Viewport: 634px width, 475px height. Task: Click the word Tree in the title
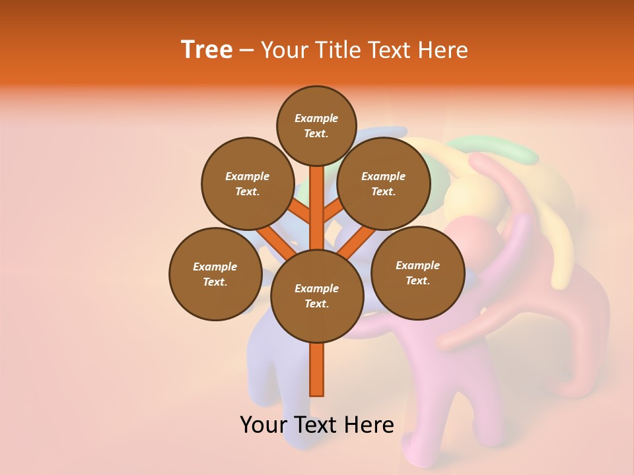(207, 49)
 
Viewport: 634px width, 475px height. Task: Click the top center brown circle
(316, 125)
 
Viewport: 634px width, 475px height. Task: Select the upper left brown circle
(247, 183)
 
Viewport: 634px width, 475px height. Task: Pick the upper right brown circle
(383, 183)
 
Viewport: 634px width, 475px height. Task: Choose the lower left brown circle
(215, 274)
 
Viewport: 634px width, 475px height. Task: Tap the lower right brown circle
(417, 272)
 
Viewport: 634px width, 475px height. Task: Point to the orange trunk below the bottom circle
(316, 369)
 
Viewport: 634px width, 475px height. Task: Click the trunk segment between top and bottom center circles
(316, 208)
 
